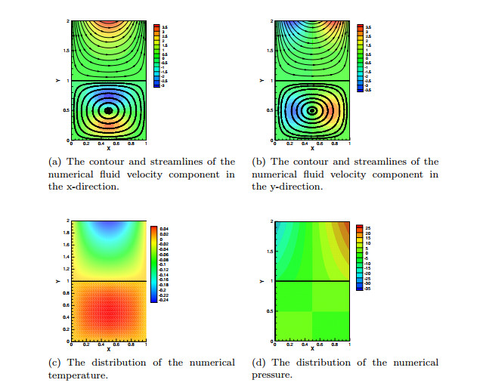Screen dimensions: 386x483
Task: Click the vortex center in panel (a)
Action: (x=108, y=110)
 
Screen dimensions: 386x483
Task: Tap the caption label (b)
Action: (x=259, y=162)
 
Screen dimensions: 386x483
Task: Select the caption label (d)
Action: (x=259, y=363)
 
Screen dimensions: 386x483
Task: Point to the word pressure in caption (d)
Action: (x=271, y=375)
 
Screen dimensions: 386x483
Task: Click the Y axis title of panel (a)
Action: (x=57, y=81)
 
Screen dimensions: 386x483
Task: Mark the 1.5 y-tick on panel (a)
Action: (x=65, y=51)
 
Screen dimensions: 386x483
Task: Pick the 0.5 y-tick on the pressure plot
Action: (x=269, y=311)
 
